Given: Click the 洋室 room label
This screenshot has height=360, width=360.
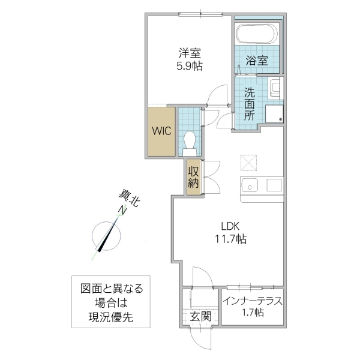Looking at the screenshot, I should [188, 53].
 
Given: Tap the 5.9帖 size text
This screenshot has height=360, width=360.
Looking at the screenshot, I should [188, 67].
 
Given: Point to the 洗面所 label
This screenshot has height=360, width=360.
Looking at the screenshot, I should [250, 103].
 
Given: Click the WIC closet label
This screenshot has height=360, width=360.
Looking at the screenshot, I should [161, 131].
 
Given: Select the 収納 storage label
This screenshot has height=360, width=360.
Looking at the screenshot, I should [193, 178].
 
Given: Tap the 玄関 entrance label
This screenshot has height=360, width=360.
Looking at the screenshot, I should [200, 317].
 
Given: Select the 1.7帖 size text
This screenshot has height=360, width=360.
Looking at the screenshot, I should [251, 313].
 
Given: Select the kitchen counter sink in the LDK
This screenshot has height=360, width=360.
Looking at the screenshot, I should [250, 184].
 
